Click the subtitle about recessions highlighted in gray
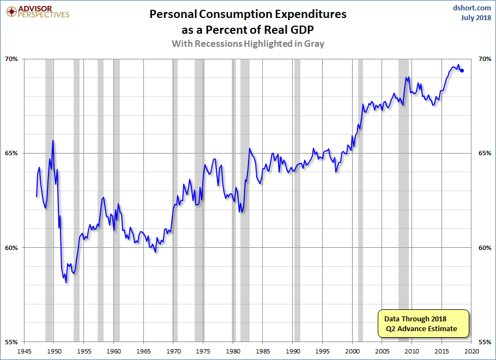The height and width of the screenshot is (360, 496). coord(248,44)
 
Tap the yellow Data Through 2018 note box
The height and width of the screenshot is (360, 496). coord(423,324)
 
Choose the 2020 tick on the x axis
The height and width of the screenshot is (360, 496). coord(472,351)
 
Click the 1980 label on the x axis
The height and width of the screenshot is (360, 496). coord(233,351)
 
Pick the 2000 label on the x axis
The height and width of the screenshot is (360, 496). coord(353,351)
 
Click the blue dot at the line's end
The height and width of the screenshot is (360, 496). coord(462,70)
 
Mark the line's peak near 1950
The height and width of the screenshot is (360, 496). coord(53,141)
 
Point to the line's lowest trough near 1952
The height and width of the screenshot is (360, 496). coord(66,282)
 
